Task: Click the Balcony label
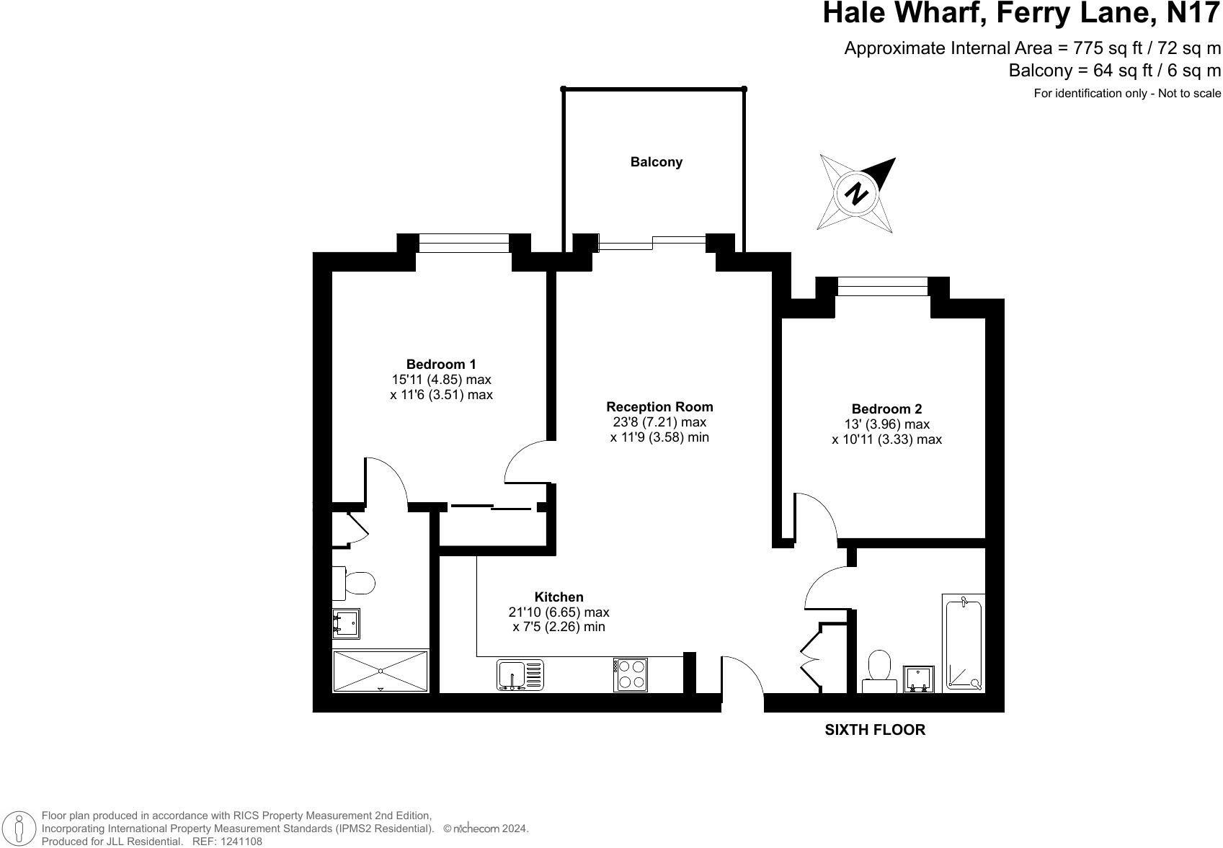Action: [x=656, y=162]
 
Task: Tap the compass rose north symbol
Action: [x=856, y=193]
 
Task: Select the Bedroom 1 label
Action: [x=441, y=365]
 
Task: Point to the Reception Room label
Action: [x=659, y=407]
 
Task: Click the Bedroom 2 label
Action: [x=886, y=409]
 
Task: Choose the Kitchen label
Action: [x=559, y=597]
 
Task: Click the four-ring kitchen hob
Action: [x=631, y=675]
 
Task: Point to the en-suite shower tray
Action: [x=380, y=671]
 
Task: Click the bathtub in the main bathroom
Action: [x=964, y=643]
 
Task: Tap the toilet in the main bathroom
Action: [x=879, y=669]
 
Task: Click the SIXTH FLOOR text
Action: [x=874, y=730]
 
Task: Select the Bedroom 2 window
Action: [x=882, y=287]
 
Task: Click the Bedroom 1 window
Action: [x=464, y=244]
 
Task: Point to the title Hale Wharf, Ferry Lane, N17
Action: [x=1022, y=14]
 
